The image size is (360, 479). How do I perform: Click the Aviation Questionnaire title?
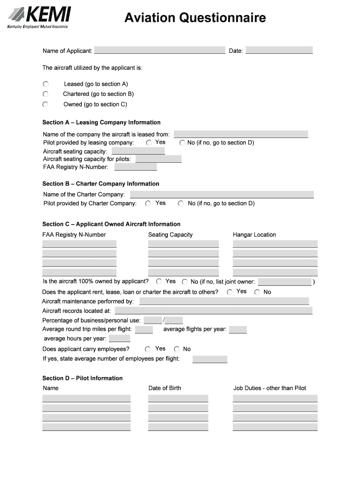pyautogui.click(x=195, y=18)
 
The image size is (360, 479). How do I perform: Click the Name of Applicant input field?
pyautogui.click(x=159, y=50)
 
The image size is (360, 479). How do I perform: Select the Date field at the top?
pyautogui.click(x=279, y=50)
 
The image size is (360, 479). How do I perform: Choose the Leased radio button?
pyautogui.click(x=45, y=84)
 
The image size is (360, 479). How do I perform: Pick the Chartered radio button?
pyautogui.click(x=45, y=94)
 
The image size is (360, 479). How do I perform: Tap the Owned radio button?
pyautogui.click(x=45, y=105)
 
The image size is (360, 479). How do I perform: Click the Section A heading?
pyautogui.click(x=101, y=123)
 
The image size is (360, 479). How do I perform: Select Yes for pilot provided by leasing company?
pyautogui.click(x=149, y=142)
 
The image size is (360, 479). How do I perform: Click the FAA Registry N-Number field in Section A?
pyautogui.click(x=136, y=167)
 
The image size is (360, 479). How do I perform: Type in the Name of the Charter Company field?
pyautogui.click(x=222, y=195)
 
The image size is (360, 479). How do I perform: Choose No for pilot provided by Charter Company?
pyautogui.click(x=181, y=203)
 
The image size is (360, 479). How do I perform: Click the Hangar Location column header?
pyautogui.click(x=254, y=235)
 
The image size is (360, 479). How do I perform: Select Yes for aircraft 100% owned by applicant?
pyautogui.click(x=159, y=282)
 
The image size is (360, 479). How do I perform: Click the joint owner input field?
pyautogui.click(x=285, y=282)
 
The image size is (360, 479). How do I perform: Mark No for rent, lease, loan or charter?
pyautogui.click(x=257, y=292)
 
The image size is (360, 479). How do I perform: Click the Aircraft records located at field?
pyautogui.click(x=213, y=311)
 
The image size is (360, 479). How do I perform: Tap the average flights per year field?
pyautogui.click(x=238, y=330)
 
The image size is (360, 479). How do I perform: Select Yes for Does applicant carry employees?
pyautogui.click(x=148, y=349)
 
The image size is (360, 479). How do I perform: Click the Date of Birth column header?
pyautogui.click(x=165, y=388)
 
